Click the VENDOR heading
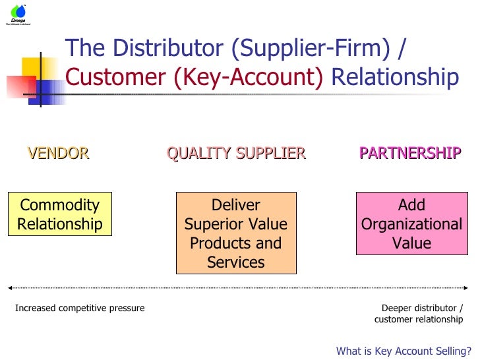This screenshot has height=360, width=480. pos(58,154)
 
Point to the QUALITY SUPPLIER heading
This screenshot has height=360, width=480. pos(236,154)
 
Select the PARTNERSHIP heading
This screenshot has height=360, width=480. pos(409,154)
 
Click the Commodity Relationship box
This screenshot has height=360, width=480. pos(59,214)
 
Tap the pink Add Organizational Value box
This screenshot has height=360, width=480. pos(411,224)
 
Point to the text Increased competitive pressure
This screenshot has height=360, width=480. pos(80,308)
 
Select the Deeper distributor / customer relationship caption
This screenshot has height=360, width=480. pos(419,314)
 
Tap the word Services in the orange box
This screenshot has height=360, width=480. pos(236,262)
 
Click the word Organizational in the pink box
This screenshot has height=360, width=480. pos(411,224)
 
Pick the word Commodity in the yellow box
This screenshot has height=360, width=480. pos(59,205)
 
